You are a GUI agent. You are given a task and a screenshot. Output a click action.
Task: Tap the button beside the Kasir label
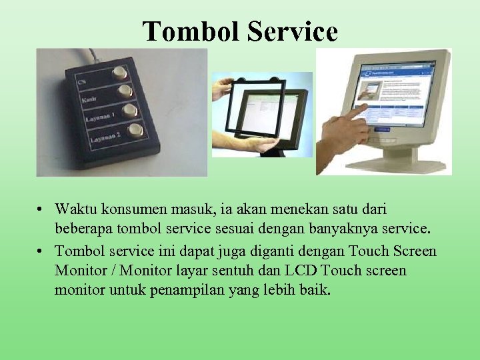[x=124, y=90]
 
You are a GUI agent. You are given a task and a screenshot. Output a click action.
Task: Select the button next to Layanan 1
[x=129, y=110]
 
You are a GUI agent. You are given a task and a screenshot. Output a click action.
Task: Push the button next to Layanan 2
[x=135, y=129]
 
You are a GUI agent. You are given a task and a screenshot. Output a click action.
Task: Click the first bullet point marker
[x=41, y=210]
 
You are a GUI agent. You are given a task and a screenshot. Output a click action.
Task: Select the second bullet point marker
[x=41, y=251]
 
